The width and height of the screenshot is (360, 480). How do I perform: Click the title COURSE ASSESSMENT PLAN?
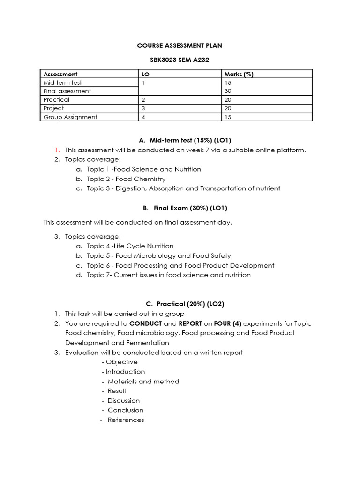[180, 45]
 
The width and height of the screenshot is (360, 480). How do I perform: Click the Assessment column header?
[60, 74]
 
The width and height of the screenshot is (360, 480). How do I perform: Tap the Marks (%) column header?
[239, 74]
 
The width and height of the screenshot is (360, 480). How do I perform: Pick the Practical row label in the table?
[56, 100]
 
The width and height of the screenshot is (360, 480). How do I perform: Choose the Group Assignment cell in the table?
[70, 117]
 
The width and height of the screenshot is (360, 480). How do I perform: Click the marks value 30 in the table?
[228, 91]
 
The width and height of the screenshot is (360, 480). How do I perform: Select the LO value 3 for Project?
[143, 108]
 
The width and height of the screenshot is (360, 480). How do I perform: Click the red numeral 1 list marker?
[56, 150]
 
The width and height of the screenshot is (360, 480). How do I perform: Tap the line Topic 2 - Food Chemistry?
[126, 179]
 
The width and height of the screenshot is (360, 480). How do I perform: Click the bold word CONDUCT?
[146, 323]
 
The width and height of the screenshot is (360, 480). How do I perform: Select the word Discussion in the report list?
[124, 400]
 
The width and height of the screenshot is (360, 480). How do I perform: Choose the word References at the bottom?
[126, 420]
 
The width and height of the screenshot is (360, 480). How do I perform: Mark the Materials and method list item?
[143, 381]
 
